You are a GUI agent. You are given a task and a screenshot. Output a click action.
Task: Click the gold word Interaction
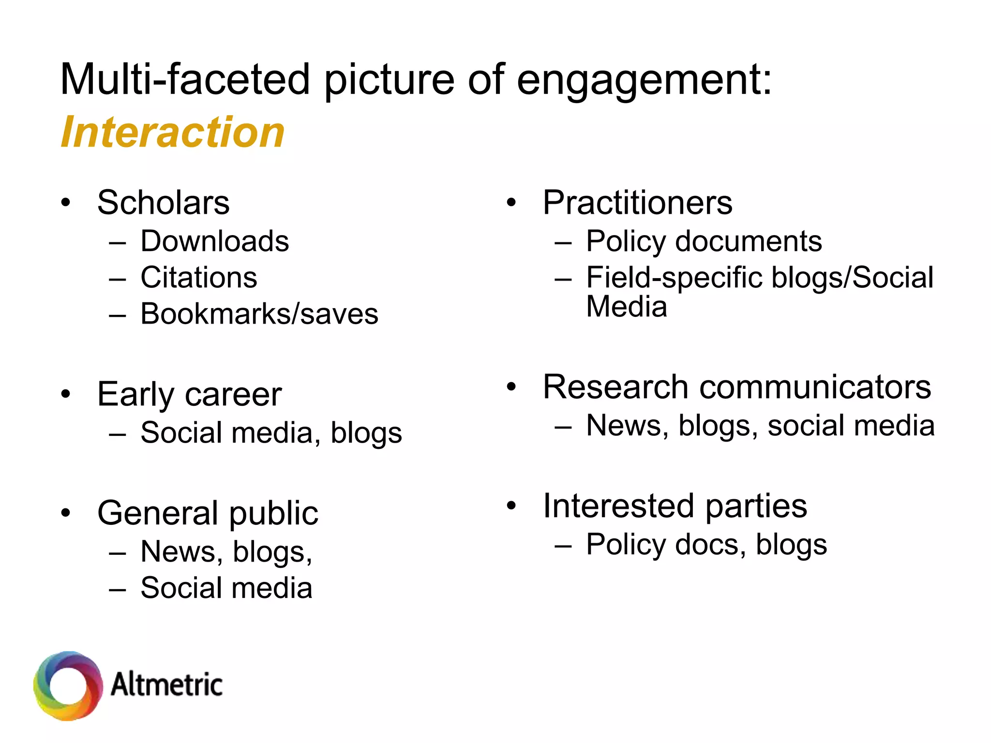173,132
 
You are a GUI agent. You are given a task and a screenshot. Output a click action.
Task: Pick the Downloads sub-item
214,241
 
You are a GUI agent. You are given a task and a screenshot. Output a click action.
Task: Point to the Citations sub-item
198,277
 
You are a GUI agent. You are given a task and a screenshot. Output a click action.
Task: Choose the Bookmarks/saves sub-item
259,314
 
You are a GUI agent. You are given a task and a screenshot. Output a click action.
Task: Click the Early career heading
189,394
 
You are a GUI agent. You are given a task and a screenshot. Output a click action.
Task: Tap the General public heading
208,513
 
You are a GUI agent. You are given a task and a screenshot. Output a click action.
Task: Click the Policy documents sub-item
704,241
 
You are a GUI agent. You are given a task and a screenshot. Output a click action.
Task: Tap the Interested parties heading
675,506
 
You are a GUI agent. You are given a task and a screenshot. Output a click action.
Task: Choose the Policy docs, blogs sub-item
706,545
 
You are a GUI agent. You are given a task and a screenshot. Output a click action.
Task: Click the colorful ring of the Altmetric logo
68,686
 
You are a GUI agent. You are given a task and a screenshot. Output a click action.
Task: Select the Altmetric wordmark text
166,685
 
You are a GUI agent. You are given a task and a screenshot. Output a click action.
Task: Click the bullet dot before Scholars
66,203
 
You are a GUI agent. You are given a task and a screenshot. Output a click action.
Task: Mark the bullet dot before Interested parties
511,506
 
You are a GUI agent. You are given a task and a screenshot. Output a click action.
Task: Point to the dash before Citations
118,279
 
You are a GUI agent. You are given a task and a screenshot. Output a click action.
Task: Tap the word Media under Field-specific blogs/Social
626,307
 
